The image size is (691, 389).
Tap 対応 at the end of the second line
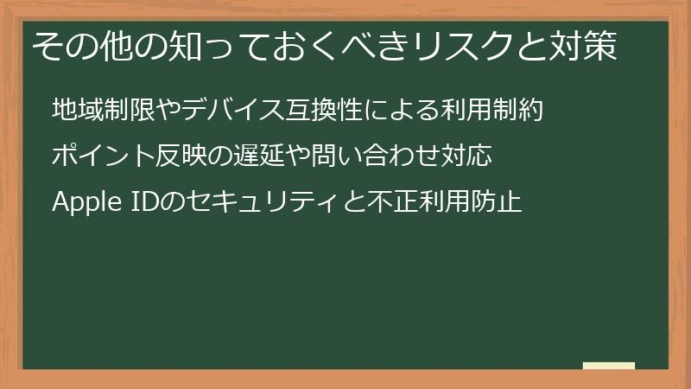point(469,157)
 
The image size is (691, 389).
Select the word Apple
point(83,204)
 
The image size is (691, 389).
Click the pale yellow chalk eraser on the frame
point(609,366)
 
